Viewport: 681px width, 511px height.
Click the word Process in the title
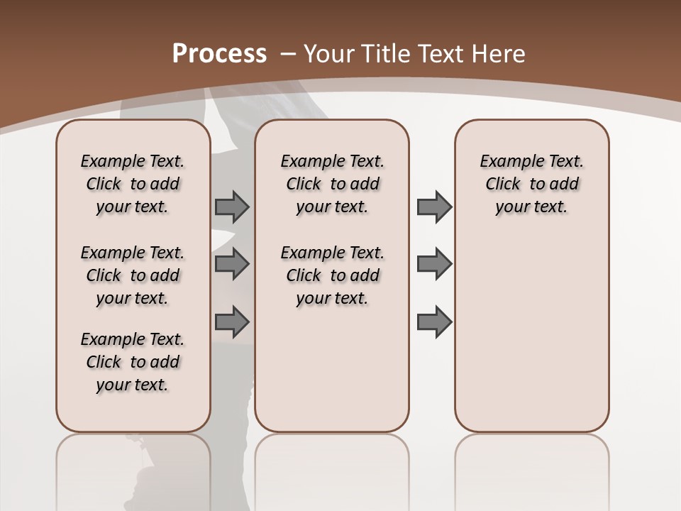[x=219, y=54]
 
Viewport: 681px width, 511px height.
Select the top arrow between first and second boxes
[x=232, y=207]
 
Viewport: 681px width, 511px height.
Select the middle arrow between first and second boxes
[x=232, y=264]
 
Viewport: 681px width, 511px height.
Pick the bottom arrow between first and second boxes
[x=232, y=322]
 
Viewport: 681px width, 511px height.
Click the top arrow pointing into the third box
[x=434, y=207]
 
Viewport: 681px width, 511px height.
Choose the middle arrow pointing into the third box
[x=434, y=264]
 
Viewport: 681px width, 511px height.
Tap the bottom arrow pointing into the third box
[x=434, y=322]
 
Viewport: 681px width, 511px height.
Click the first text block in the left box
[x=133, y=184]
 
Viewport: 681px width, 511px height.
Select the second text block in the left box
[x=133, y=275]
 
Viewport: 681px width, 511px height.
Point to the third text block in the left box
[x=133, y=362]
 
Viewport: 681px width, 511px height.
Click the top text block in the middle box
[x=332, y=184]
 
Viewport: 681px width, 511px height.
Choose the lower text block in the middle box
[x=332, y=275]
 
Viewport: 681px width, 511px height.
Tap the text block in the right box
[x=531, y=184]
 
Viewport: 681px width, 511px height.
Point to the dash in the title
[x=287, y=54]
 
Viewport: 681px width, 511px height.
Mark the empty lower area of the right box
[x=531, y=326]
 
